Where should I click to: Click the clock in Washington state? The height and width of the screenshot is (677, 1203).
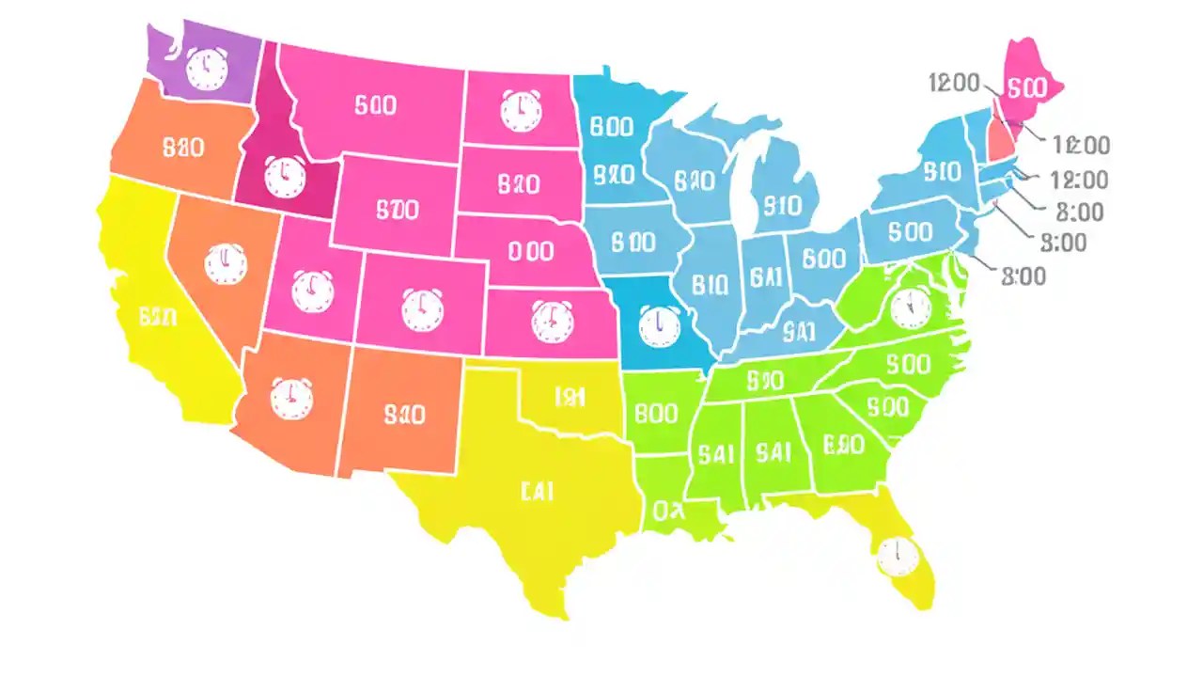207,69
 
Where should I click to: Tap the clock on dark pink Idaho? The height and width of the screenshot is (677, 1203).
284,177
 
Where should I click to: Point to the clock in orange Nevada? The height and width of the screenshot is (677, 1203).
225,264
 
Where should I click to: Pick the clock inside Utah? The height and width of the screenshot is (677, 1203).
312,291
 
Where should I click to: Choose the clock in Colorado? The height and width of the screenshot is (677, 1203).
423,310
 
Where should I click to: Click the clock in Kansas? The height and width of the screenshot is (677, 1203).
551,321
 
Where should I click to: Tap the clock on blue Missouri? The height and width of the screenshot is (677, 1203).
658,325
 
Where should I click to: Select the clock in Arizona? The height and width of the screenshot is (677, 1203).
291,398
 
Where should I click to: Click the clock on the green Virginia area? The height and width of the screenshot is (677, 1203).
910,307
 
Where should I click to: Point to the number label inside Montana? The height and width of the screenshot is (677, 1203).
375,104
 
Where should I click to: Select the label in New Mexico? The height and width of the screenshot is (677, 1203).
405,414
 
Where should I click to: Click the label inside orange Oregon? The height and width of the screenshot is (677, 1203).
183,148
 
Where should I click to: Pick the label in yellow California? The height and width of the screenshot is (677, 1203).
157,318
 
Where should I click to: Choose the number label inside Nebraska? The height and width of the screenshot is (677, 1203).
529,250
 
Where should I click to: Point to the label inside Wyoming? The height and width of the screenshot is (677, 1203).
396,209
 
